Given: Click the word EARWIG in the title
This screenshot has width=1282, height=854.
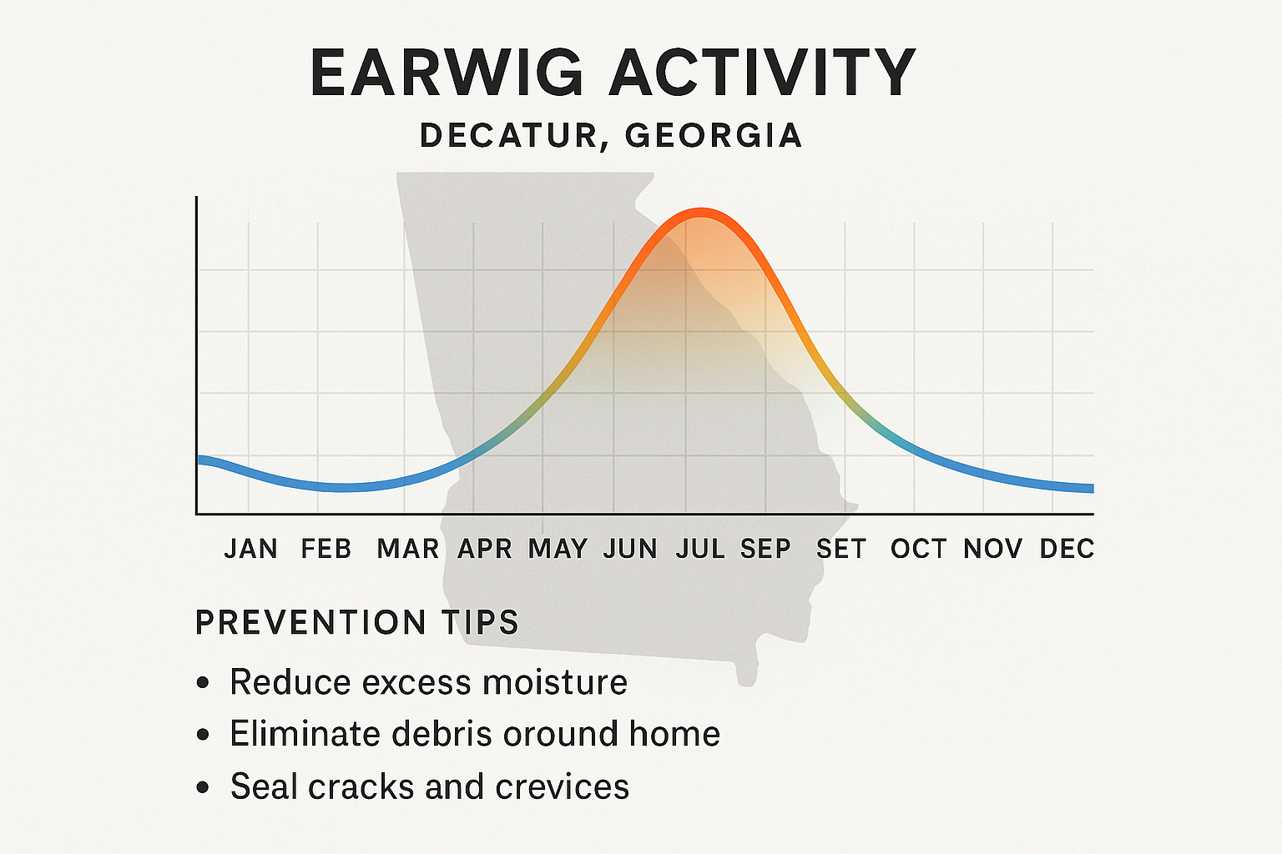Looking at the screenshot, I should click(447, 73).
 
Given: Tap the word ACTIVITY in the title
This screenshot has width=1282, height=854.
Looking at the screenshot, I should click(763, 73).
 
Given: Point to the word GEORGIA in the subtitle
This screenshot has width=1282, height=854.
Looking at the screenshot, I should click(714, 136).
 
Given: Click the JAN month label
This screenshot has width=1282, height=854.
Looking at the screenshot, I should click(250, 549).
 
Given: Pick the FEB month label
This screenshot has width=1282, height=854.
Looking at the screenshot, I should click(326, 549).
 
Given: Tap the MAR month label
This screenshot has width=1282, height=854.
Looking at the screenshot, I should click(408, 549).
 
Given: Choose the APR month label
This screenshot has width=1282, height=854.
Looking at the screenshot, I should click(485, 549).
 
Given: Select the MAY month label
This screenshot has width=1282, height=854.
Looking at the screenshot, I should click(558, 549).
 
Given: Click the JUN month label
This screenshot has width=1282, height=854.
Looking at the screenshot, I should click(630, 549).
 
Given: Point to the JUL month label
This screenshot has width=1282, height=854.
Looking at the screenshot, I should click(700, 549).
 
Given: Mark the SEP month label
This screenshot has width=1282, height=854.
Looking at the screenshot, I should click(765, 549).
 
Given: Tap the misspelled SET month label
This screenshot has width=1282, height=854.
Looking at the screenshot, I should click(841, 549).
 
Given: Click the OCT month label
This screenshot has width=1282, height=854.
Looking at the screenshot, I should click(919, 549).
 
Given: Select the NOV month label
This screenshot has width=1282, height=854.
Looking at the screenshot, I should click(993, 549).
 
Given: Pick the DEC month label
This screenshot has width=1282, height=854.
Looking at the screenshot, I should click(1067, 549).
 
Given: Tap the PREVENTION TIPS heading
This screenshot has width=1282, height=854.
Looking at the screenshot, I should click(357, 623).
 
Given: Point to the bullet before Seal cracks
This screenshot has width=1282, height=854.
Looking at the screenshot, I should click(203, 787).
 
